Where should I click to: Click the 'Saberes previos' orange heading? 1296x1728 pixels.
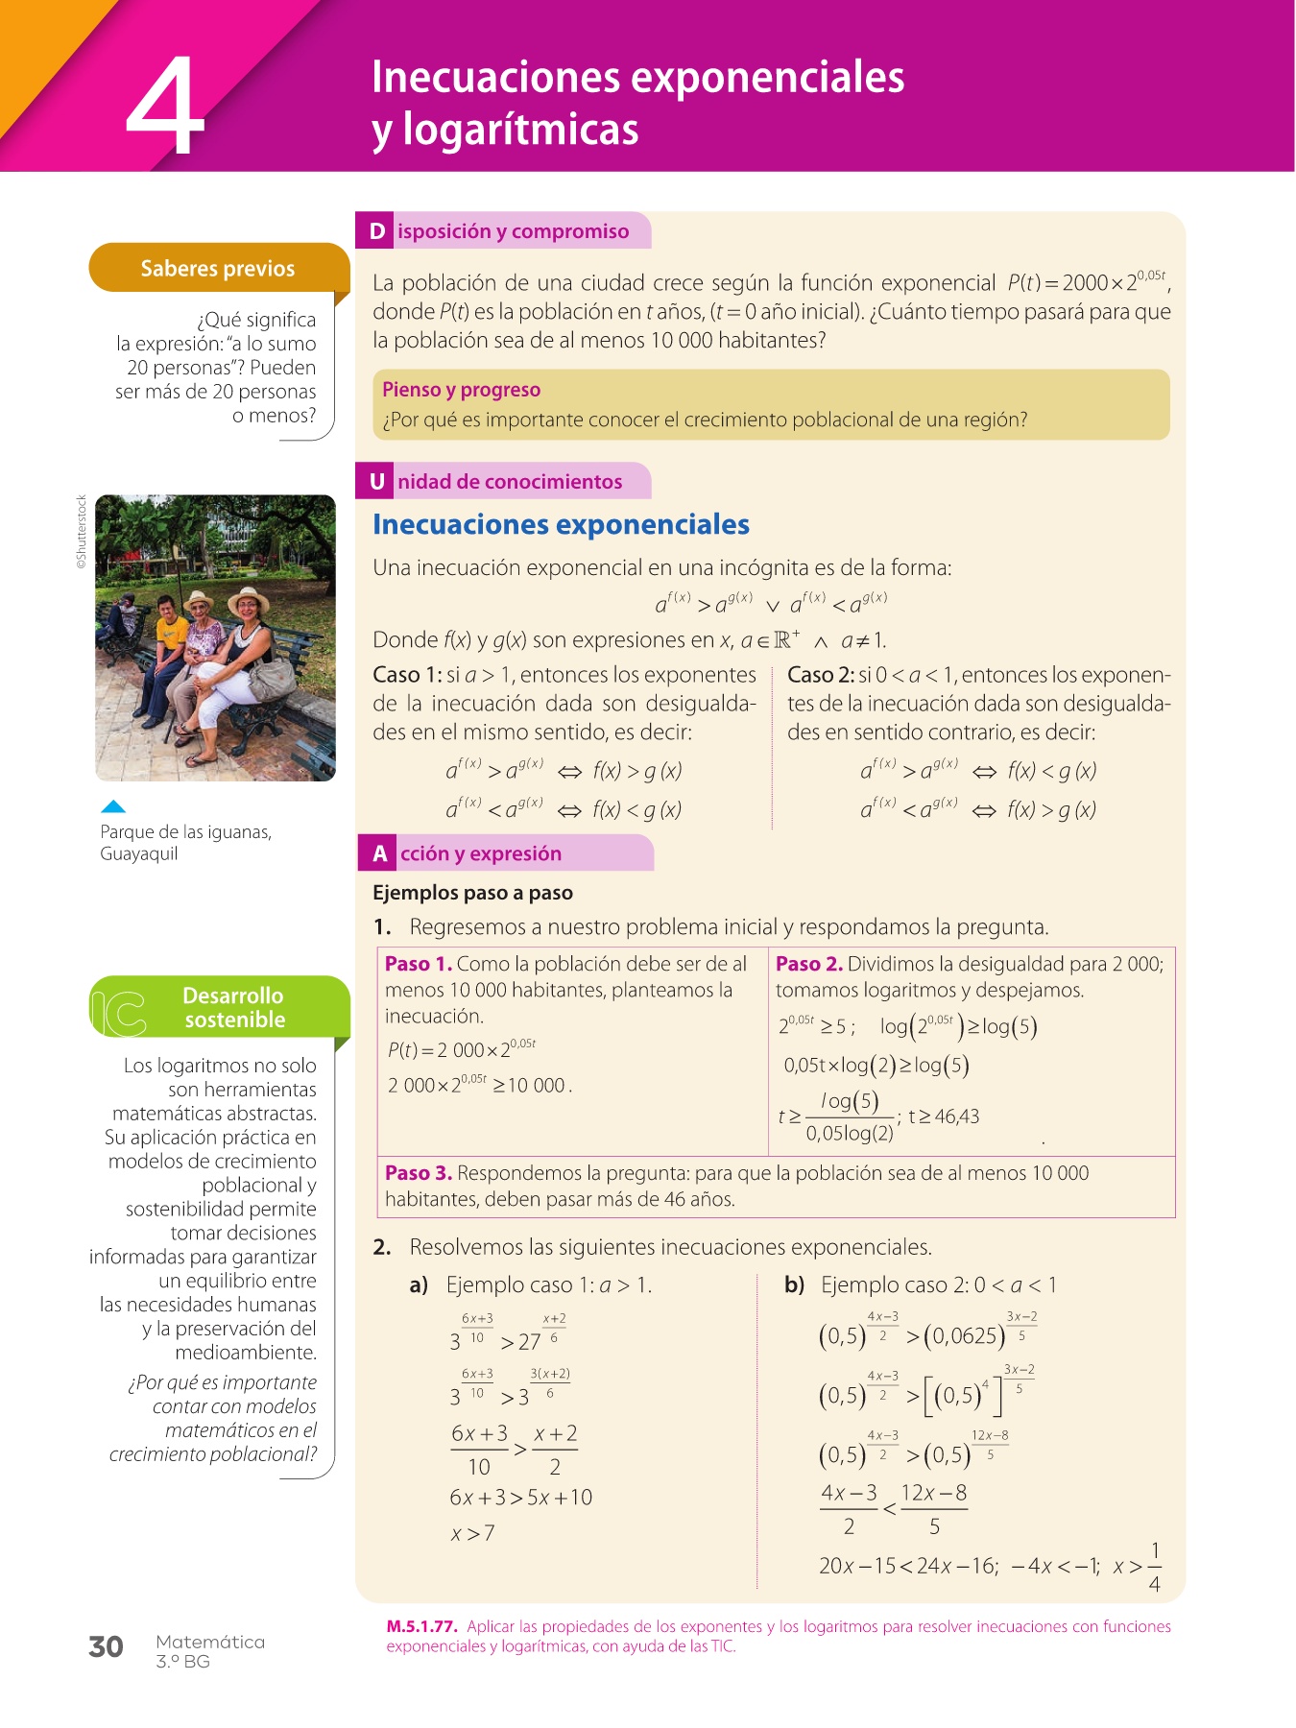point(218,269)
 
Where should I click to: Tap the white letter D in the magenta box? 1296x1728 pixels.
point(377,231)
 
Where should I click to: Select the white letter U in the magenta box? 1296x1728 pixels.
point(377,482)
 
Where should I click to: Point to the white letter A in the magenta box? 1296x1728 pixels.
point(380,853)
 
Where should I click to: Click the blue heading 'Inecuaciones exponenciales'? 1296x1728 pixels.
point(561,525)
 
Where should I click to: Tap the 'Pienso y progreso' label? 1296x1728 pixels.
point(461,390)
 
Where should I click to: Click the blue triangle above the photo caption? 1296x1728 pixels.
point(113,806)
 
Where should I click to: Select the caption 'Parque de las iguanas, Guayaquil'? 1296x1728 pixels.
point(185,843)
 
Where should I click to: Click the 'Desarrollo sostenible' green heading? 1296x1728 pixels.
point(234,1007)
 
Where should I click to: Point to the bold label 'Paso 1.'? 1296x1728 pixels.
point(418,964)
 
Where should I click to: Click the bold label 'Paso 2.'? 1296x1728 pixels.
point(808,964)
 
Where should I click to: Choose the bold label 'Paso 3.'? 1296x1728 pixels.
point(418,1173)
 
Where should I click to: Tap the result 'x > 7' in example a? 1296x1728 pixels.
point(472,1534)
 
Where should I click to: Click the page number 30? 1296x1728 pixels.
point(106,1647)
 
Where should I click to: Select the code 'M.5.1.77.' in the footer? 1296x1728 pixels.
point(420,1626)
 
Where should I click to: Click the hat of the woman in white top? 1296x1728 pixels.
point(249,598)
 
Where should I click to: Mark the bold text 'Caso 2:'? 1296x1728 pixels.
point(820,675)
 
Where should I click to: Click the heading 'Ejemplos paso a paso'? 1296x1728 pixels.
point(472,893)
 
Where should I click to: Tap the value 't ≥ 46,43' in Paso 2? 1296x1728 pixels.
point(944,1116)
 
